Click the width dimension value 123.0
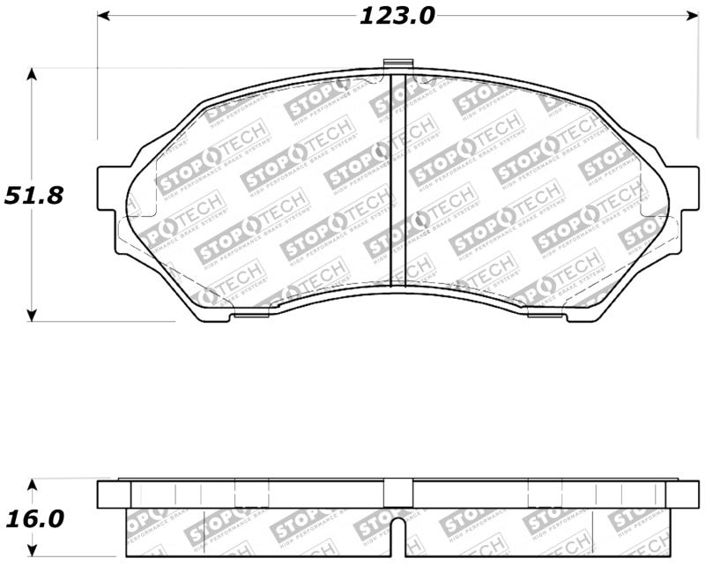[397, 17]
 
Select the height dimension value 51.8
[34, 195]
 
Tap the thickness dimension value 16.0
[34, 518]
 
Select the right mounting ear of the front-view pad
[684, 187]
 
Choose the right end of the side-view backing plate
[686, 495]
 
